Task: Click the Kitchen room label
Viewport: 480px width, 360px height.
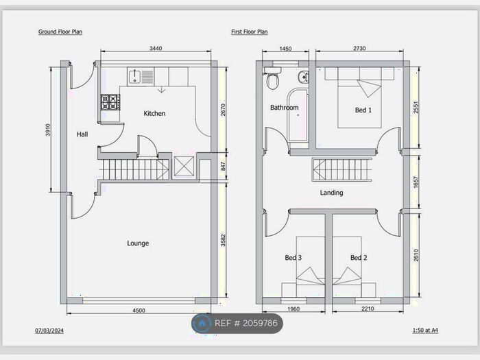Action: tap(154, 114)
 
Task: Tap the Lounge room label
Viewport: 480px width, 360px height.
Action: tap(138, 243)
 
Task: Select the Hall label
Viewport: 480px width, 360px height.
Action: tap(82, 134)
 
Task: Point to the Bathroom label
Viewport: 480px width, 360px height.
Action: tap(285, 108)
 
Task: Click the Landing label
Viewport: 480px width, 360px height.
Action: tap(331, 193)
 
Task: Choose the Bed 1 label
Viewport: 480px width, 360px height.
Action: tap(363, 110)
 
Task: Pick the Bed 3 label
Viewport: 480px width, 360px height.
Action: tap(293, 258)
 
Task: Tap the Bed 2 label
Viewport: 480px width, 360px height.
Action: tap(359, 258)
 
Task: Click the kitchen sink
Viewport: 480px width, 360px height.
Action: tap(141, 77)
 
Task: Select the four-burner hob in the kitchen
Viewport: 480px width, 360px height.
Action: tap(110, 102)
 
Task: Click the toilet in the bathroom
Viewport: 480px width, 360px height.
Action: tap(272, 78)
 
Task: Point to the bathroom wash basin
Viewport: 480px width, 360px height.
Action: tap(303, 77)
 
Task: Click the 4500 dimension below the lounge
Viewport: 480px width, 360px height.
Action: tap(139, 311)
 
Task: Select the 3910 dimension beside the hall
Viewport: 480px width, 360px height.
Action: tap(48, 130)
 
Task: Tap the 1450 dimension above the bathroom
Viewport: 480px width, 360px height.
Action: tap(285, 49)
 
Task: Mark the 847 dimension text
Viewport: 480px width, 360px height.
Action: tap(223, 166)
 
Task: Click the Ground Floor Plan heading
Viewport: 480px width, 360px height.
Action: tap(60, 32)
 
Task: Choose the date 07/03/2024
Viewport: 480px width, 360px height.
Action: tap(49, 331)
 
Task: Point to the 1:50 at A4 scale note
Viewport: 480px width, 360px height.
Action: tap(425, 331)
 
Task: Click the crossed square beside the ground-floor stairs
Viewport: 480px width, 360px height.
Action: tap(184, 166)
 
